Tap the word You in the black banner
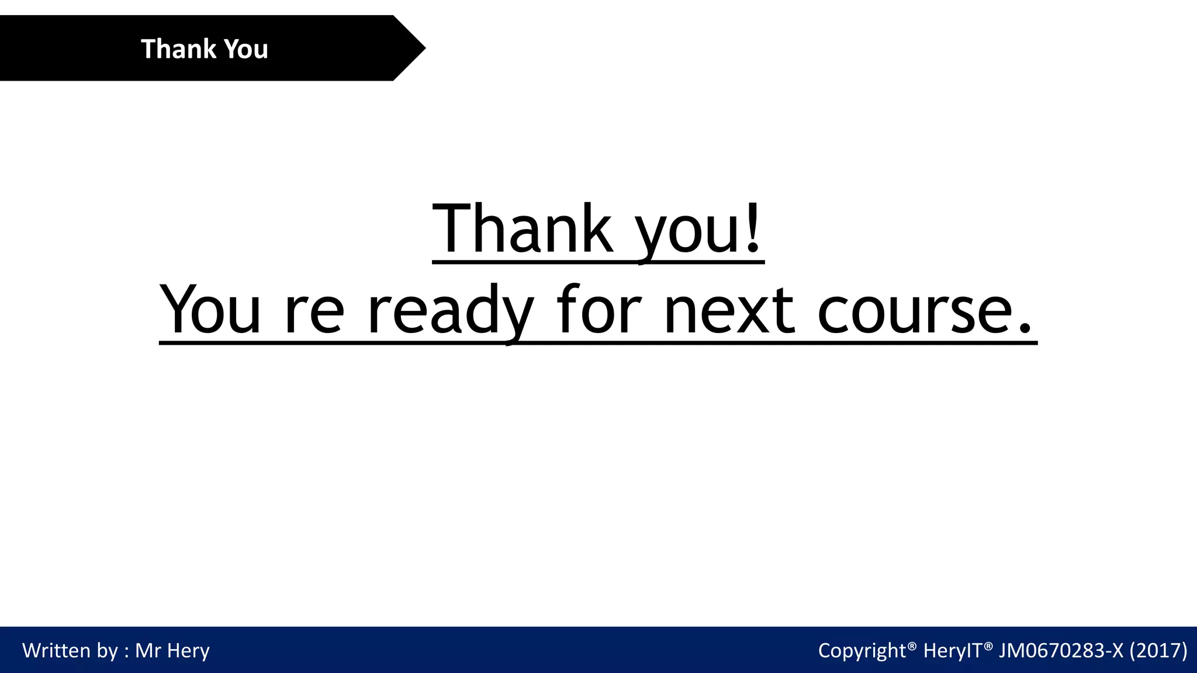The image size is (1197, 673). tap(246, 48)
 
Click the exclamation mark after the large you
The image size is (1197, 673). tap(753, 228)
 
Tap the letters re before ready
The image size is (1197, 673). tap(314, 313)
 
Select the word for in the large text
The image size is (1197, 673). tap(599, 310)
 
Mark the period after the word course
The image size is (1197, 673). tap(1024, 331)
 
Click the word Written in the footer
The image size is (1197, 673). tap(56, 650)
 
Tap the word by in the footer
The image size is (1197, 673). tap(108, 651)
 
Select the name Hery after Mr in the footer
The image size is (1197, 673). tap(189, 651)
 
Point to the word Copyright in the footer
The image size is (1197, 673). tap(862, 650)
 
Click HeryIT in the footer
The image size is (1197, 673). tap(952, 650)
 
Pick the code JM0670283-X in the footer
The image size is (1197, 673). tap(1061, 650)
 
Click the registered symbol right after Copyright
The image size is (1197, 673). tap(912, 645)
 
